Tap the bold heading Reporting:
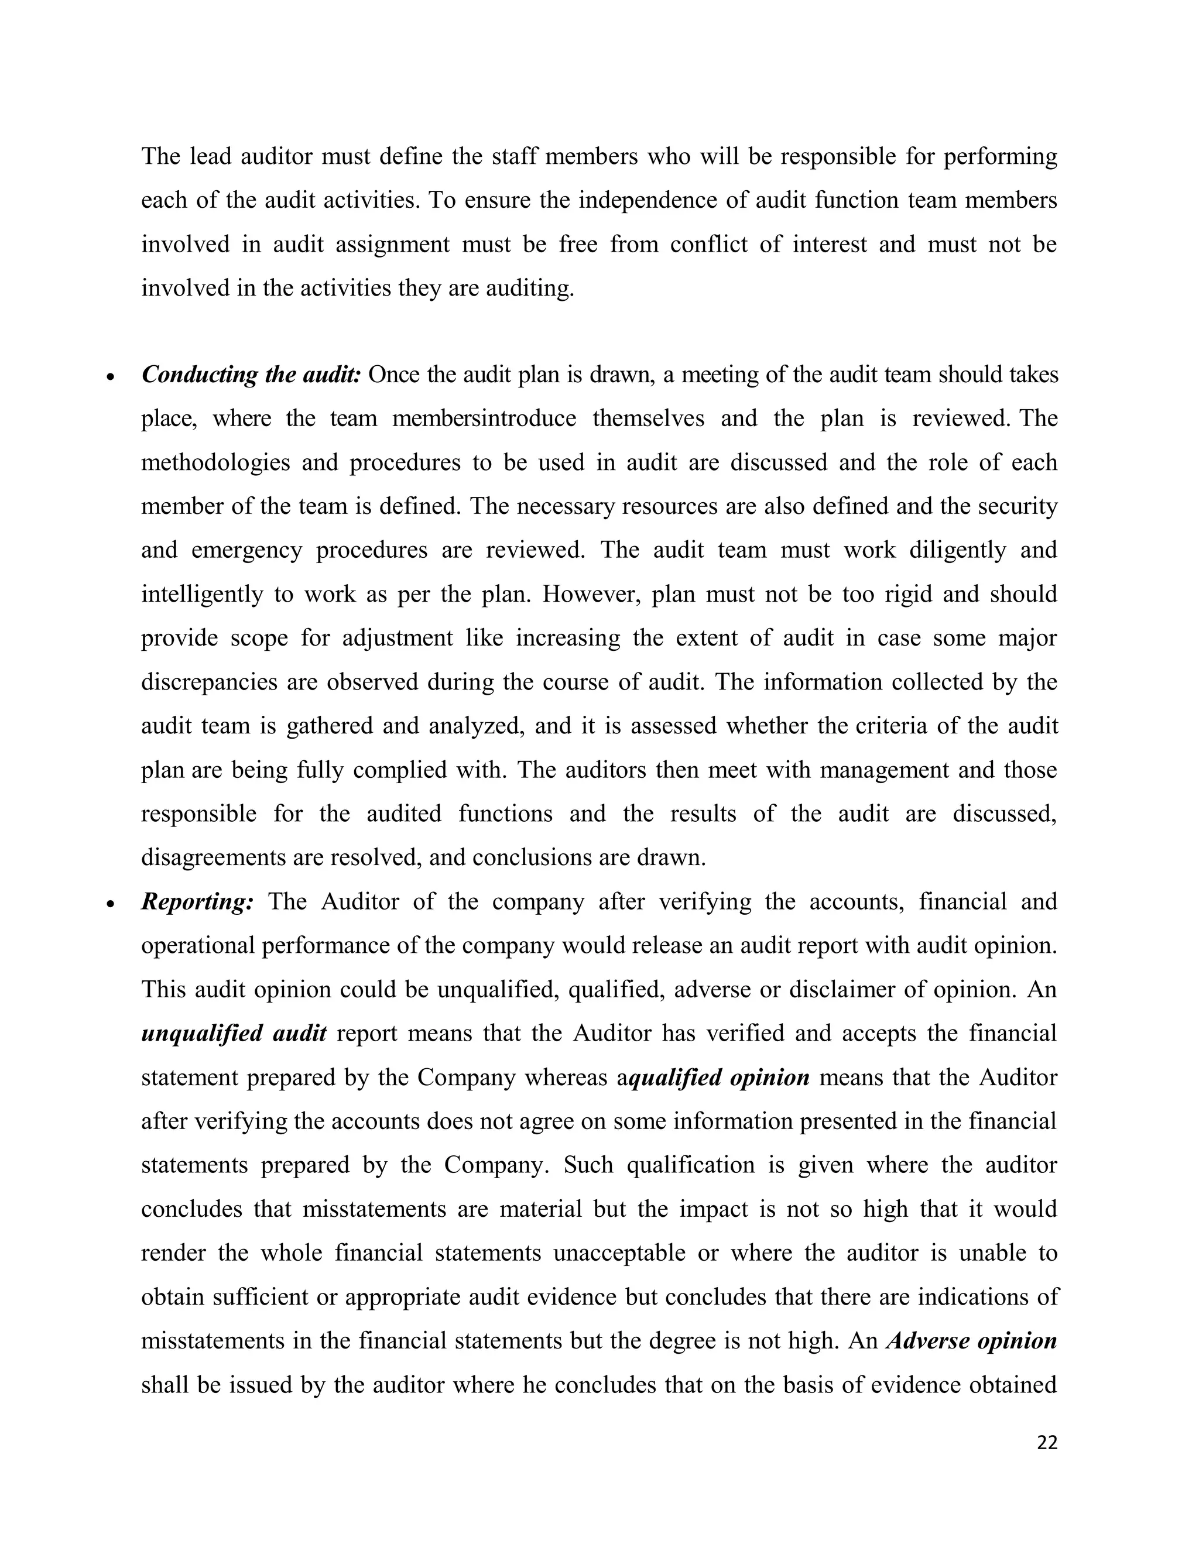pyautogui.click(x=197, y=902)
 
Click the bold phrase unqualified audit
pyautogui.click(x=234, y=1033)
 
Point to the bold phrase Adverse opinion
pyautogui.click(x=972, y=1341)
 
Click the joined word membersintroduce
pyautogui.click(x=484, y=419)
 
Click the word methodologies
pyautogui.click(x=215, y=463)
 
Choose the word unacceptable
pyautogui.click(x=619, y=1253)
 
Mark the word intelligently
pyautogui.click(x=202, y=595)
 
